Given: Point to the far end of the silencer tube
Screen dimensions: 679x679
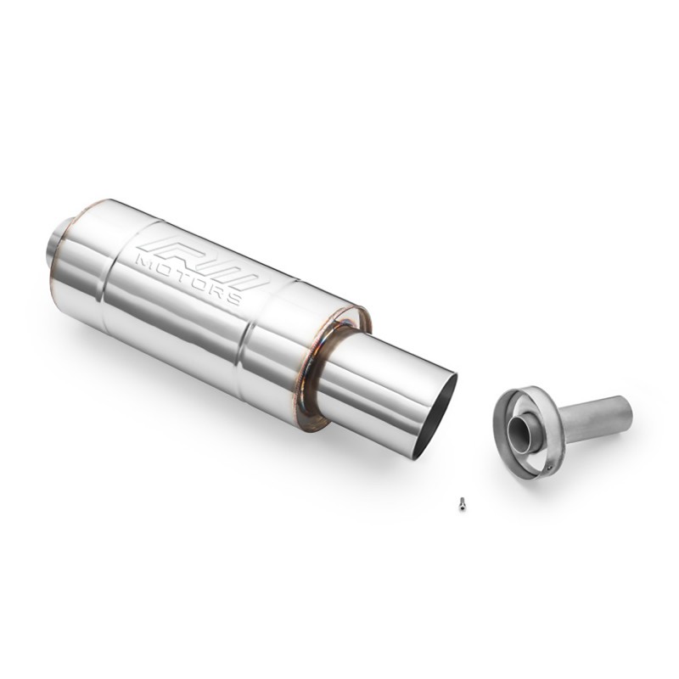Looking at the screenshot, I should [x=626, y=412].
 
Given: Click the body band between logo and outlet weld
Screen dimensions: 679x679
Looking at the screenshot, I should [x=289, y=339].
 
